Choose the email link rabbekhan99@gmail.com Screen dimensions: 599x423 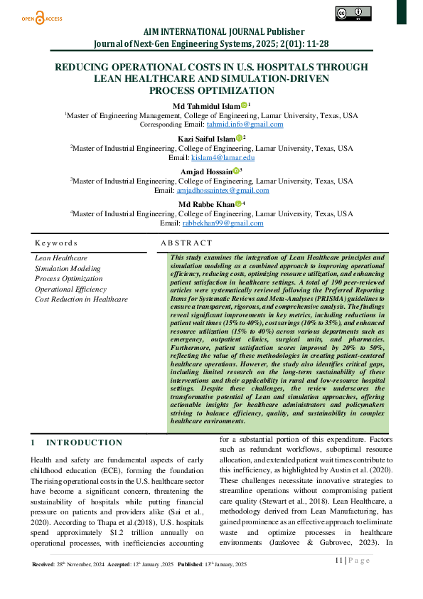[x=223, y=223]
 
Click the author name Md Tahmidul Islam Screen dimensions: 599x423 [x=207, y=105]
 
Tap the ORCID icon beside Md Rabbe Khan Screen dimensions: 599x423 [x=239, y=203]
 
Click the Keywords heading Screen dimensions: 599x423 [x=56, y=243]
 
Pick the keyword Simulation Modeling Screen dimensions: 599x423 [x=68, y=269]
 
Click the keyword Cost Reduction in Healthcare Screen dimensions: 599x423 [x=81, y=299]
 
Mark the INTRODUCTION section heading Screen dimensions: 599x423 [x=85, y=442]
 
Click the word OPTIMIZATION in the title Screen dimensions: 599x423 [x=211, y=90]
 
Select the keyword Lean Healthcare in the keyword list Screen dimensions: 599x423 [x=61, y=258]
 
